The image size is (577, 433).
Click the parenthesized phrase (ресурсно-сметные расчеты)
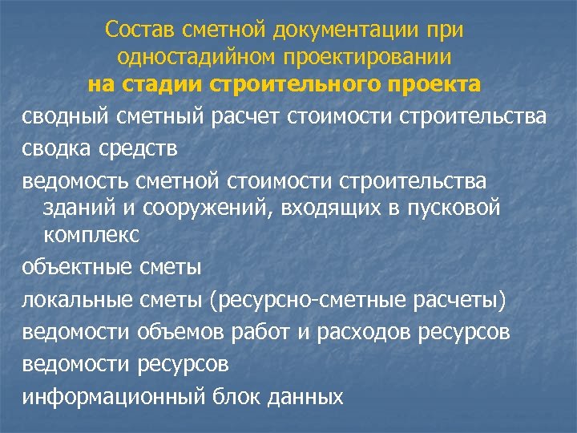pos(357,300)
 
